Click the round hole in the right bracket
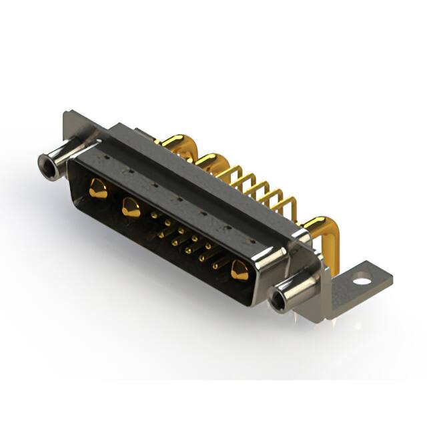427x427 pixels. (x=361, y=280)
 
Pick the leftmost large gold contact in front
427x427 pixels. (x=98, y=189)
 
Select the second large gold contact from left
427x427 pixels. (x=131, y=209)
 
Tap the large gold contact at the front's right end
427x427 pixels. (x=239, y=271)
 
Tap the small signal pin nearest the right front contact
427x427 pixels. (x=216, y=266)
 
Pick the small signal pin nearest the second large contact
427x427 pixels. (x=155, y=216)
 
